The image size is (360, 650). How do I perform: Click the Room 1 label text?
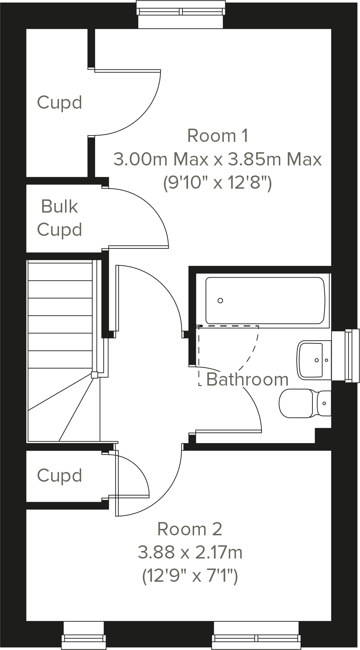coord(217,136)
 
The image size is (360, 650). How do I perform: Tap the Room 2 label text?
coord(190,529)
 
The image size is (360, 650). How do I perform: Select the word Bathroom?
coord(247,379)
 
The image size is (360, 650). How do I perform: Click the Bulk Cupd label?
coord(59,218)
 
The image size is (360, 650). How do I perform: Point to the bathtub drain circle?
coord(220,301)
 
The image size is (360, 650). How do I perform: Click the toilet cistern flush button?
coord(324,403)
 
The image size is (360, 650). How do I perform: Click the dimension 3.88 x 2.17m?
coord(190,552)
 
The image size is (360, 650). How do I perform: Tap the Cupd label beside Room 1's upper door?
coord(59,103)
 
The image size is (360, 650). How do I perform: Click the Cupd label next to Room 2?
coord(59,476)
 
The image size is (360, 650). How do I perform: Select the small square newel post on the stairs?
coord(94,375)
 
